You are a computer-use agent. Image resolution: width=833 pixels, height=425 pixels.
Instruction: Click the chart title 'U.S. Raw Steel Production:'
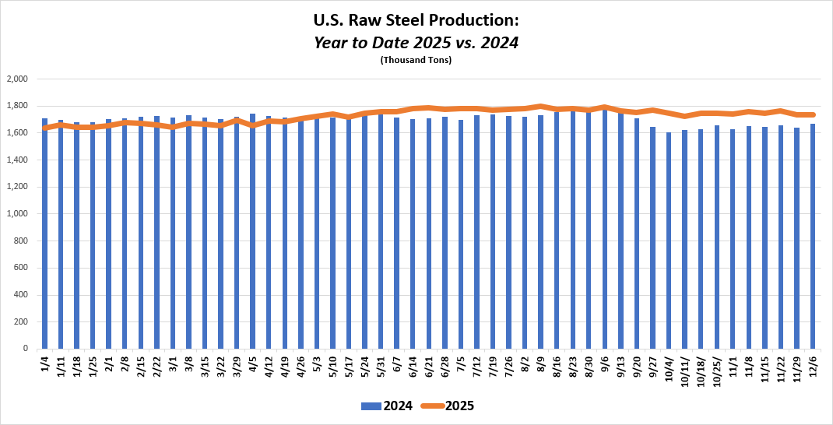click(416, 19)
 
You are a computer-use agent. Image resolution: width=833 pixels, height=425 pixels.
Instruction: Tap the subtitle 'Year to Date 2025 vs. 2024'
click(416, 42)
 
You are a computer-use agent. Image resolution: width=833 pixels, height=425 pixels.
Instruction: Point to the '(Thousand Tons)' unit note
click(416, 60)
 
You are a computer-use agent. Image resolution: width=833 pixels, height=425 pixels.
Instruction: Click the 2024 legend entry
click(387, 406)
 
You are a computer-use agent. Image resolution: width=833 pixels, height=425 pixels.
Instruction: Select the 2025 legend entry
click(448, 406)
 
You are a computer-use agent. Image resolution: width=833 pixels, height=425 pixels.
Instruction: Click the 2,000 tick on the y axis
click(16, 79)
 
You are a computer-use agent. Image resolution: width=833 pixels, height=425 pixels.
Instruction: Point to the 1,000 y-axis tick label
click(16, 214)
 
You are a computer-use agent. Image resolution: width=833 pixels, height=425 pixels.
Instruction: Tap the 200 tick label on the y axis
click(20, 321)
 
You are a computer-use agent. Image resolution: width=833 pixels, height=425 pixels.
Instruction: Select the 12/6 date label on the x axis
click(812, 364)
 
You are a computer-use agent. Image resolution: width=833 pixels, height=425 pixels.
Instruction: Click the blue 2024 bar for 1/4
click(44, 234)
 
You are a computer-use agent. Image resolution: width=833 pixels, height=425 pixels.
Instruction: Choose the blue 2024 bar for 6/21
click(429, 234)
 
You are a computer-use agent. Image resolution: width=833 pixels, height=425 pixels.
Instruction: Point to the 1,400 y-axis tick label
click(16, 160)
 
